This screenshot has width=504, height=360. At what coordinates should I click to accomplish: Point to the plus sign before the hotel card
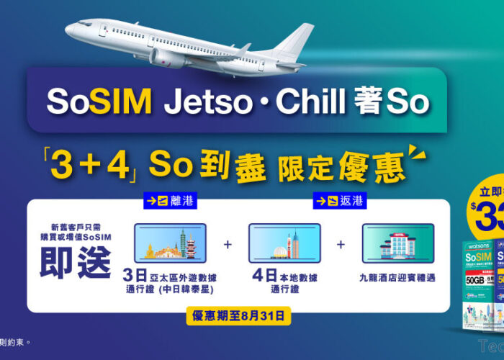pyautogui.click(x=341, y=244)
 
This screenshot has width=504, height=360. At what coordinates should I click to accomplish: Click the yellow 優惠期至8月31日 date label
pyautogui.click(x=238, y=315)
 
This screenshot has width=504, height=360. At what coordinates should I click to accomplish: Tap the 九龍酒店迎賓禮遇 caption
pyautogui.click(x=398, y=276)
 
